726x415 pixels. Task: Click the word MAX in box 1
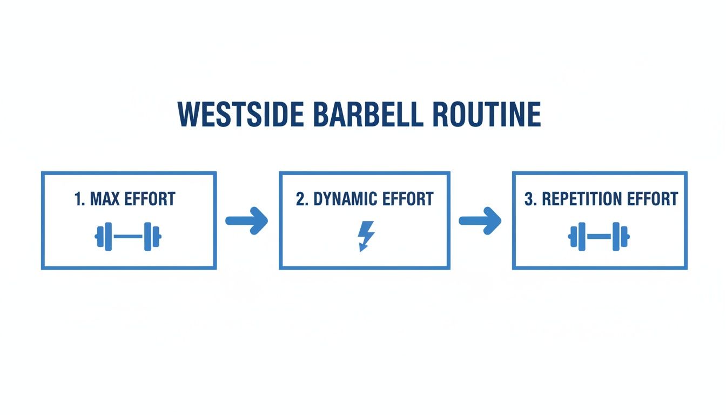click(105, 199)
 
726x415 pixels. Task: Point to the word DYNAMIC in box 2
click(344, 199)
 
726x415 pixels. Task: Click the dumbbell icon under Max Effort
click(128, 237)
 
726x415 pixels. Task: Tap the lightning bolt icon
click(366, 236)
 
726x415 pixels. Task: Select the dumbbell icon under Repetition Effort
click(599, 237)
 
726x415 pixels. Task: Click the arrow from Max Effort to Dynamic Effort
click(247, 220)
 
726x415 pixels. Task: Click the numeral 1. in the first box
click(80, 199)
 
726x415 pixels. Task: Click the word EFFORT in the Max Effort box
click(150, 199)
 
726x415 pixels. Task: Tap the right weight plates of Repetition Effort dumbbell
click(621, 237)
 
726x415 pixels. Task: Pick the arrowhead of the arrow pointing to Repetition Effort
click(493, 220)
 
